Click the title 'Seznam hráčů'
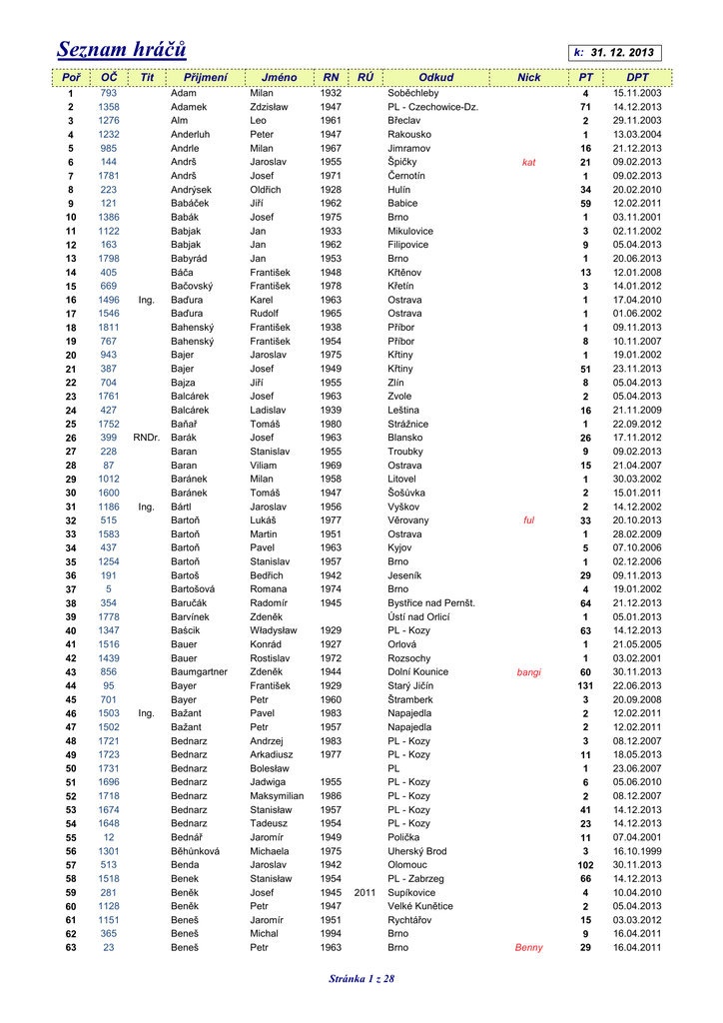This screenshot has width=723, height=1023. (x=121, y=49)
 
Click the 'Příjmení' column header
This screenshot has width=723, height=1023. (x=206, y=77)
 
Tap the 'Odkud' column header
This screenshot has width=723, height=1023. (x=436, y=77)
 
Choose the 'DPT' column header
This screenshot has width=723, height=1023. (x=637, y=77)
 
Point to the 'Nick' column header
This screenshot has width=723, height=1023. (x=528, y=77)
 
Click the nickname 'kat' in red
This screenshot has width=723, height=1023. (x=529, y=162)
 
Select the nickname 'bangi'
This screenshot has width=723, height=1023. (x=529, y=672)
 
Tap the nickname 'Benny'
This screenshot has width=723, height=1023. (x=529, y=947)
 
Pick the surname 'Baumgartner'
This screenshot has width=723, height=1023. (x=199, y=672)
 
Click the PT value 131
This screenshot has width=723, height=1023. (x=586, y=686)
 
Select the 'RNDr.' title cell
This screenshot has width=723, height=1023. (x=146, y=438)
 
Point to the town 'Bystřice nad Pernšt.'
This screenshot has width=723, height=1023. (x=431, y=603)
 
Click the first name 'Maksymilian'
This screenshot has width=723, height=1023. (x=277, y=795)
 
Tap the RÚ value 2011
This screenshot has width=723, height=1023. (x=364, y=892)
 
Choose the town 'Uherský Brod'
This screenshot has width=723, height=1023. (x=416, y=850)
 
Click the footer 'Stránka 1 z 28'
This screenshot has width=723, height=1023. (x=361, y=978)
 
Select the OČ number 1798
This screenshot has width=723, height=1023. (x=109, y=258)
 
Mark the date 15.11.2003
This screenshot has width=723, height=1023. (x=637, y=93)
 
